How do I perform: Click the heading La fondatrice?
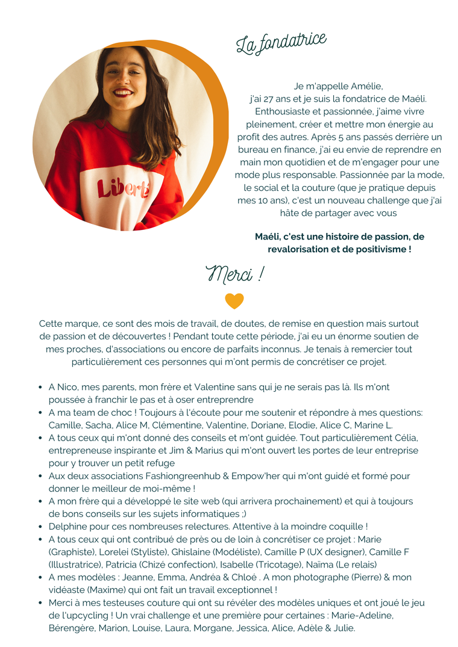click(281, 43)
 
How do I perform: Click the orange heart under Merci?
click(234, 301)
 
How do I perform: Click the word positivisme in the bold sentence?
click(378, 249)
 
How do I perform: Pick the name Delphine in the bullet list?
click(67, 526)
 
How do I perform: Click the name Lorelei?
click(113, 552)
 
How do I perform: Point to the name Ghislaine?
click(192, 552)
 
